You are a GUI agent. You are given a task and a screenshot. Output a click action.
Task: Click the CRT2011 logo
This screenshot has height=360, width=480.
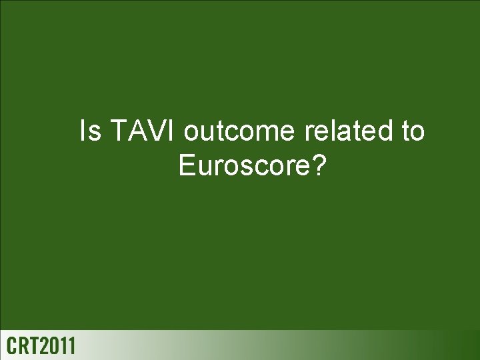42,346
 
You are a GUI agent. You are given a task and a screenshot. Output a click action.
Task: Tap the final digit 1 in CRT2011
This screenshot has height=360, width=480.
72,346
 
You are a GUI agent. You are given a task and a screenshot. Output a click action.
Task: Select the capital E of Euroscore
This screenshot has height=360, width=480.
187,165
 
